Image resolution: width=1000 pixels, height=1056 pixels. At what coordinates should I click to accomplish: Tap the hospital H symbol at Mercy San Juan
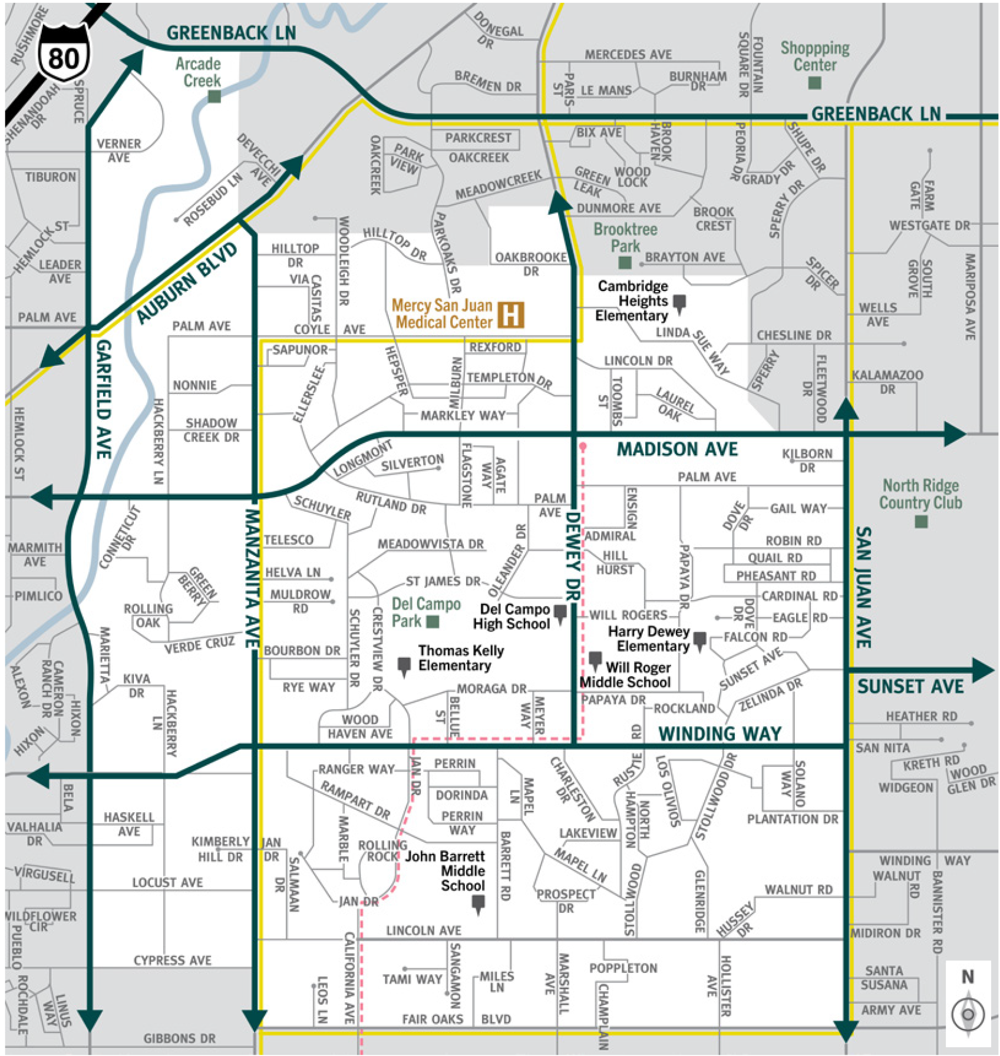(510, 315)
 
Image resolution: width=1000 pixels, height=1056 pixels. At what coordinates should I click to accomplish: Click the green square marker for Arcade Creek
(214, 96)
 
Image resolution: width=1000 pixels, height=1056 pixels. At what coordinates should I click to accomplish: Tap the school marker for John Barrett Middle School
(478, 904)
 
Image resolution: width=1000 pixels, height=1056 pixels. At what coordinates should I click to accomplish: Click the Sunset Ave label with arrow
(910, 686)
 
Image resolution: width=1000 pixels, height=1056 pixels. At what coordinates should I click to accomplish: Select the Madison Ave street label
(676, 449)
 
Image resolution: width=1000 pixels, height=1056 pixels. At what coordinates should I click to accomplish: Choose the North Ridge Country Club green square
(921, 521)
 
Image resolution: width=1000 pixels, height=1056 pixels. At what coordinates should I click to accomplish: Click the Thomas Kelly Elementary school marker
(404, 666)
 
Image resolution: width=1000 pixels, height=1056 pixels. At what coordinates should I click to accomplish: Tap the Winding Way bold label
(720, 733)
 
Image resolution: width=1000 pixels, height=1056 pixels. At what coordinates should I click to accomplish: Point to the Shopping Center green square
(814, 83)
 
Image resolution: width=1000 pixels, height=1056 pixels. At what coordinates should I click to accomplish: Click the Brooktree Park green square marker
(625, 262)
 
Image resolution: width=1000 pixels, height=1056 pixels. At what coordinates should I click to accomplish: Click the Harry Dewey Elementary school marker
(699, 641)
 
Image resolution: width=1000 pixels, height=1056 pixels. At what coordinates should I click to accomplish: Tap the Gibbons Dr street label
(179, 1038)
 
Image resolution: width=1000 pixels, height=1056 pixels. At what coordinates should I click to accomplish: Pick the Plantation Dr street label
(792, 819)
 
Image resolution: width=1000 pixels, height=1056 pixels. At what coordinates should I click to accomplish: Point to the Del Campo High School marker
(560, 614)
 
